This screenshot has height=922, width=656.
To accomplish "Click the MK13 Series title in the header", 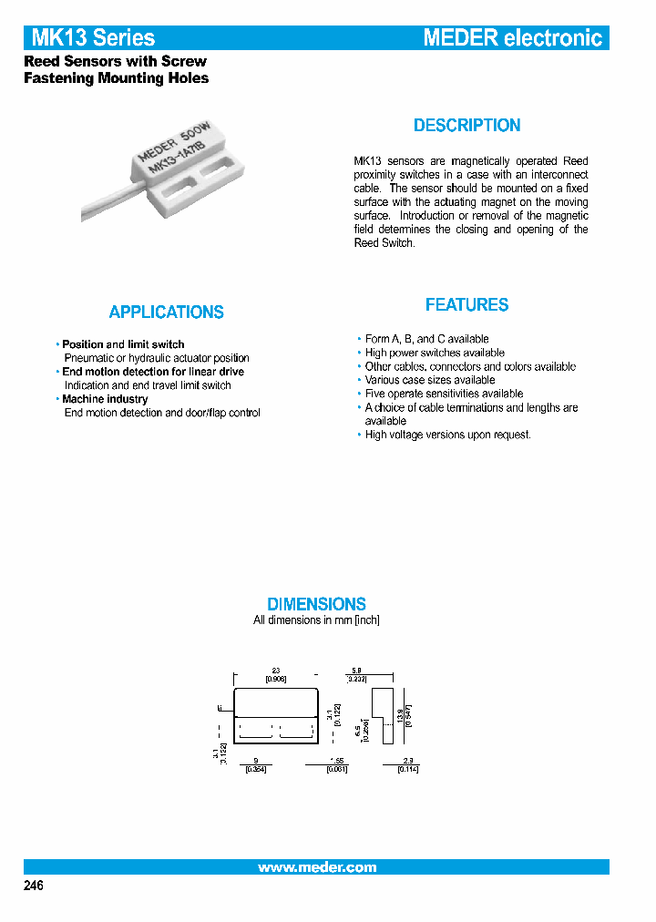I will tap(93, 37).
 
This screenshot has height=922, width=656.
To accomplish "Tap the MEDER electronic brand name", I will tap(513, 37).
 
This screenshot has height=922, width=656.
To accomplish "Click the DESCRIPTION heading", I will tap(466, 126).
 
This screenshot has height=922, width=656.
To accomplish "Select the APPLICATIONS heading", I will tap(166, 312).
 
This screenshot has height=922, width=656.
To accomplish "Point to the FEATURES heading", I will tap(466, 305).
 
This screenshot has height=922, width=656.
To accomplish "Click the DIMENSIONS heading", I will tap(316, 604).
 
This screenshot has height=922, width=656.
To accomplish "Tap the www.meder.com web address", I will tap(316, 867).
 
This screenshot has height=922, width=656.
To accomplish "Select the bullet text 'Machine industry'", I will tap(105, 399).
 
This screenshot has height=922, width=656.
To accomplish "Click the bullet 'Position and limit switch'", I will tap(123, 344).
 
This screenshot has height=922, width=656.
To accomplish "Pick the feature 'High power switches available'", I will tap(435, 353).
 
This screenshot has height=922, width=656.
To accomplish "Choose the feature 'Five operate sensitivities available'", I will tap(444, 394).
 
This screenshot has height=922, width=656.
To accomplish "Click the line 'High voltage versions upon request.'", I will tap(447, 435).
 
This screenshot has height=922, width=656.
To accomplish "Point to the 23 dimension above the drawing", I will tap(276, 671).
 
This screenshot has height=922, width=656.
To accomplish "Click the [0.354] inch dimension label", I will tap(255, 769).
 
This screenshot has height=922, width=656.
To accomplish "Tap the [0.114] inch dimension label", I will tap(407, 769).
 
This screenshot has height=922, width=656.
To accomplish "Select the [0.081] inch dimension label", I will tap(337, 769).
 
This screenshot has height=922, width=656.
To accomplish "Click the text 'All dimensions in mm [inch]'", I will tap(316, 620).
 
